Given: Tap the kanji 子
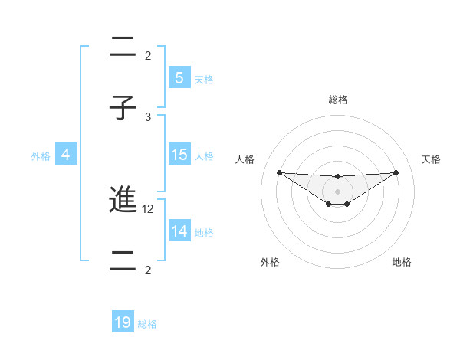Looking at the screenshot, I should coord(123,107).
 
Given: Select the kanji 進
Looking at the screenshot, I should coord(123,201).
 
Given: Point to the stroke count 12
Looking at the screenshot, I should coord(150,208).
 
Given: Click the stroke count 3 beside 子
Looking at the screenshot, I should coord(149,116).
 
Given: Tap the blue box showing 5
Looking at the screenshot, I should coord(179,77).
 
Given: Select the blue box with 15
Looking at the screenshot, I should coord(179,155).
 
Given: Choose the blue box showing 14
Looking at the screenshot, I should coord(179,231).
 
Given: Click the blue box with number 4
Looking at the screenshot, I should coord(65,155).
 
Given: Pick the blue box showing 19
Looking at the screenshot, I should coord(123,322).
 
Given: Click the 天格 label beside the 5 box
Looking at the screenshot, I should coord(204,79).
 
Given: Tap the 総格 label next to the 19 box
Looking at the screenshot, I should coord(147,324).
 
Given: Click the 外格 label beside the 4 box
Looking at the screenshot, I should coord(41,156).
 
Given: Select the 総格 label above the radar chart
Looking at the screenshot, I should coord(337,100).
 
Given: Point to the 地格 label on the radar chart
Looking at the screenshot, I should coord(402,262).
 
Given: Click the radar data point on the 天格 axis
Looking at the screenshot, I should coord(396,172).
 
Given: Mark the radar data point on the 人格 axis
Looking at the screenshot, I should coord(279,172).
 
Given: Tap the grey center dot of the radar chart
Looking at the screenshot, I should coord(337,191).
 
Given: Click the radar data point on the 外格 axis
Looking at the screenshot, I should coord(328,204).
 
